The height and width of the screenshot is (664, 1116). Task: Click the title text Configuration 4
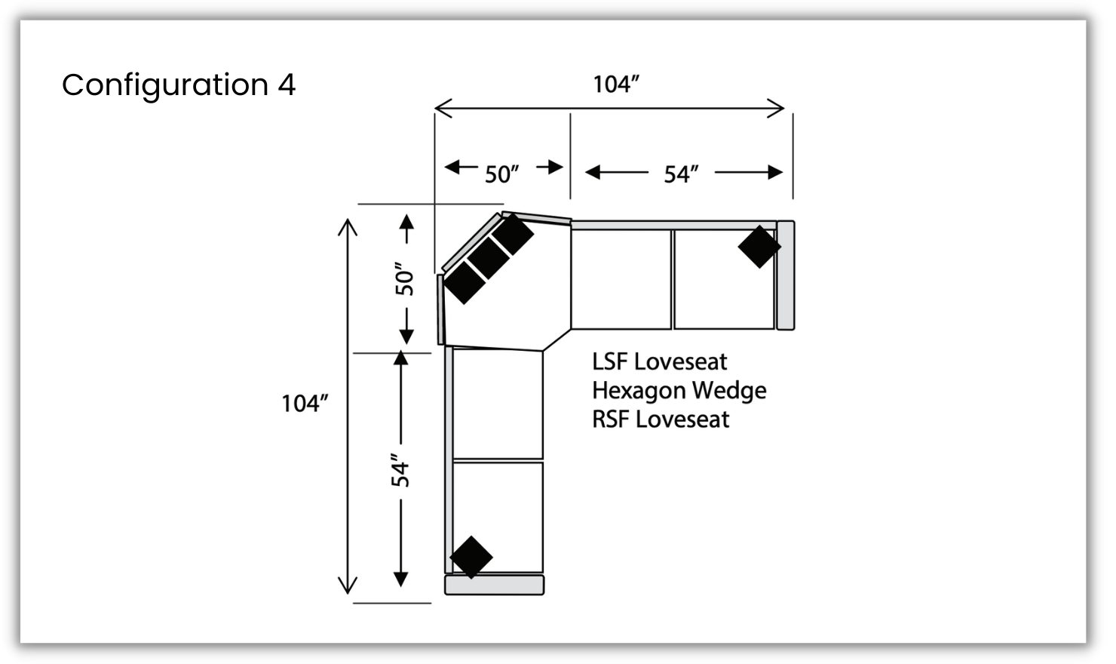click(179, 85)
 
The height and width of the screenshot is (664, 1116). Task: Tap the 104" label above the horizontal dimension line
click(616, 84)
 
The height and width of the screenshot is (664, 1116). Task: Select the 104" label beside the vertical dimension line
click(305, 404)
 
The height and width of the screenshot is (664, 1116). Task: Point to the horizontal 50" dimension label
click(502, 174)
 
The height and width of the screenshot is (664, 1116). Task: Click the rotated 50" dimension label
click(405, 279)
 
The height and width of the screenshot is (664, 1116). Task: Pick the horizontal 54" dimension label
click(681, 174)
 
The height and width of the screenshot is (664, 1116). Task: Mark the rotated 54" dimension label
click(400, 470)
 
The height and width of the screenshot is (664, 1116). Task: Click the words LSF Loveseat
click(659, 361)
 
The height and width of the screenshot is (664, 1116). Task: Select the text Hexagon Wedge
click(679, 390)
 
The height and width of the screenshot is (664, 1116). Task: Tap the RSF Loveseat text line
click(661, 419)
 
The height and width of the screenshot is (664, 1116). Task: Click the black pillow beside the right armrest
click(759, 247)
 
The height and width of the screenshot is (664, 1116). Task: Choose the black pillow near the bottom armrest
click(471, 558)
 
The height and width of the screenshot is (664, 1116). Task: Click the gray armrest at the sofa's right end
click(785, 275)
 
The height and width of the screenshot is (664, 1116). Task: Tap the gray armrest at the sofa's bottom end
click(494, 585)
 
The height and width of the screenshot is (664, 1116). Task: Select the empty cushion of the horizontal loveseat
click(621, 279)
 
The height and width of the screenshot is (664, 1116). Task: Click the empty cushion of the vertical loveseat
click(498, 404)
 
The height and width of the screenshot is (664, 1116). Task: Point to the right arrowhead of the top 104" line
click(778, 108)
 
